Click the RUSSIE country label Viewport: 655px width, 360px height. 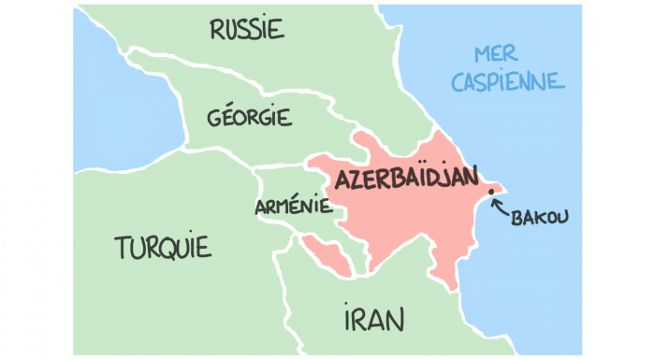[246, 30]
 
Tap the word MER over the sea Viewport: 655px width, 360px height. [496, 53]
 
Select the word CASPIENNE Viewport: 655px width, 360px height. [507, 81]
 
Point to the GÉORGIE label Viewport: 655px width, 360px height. [249, 119]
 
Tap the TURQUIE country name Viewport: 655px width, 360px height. [163, 248]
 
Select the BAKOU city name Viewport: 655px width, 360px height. [540, 218]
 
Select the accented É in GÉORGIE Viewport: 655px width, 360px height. [225, 118]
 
